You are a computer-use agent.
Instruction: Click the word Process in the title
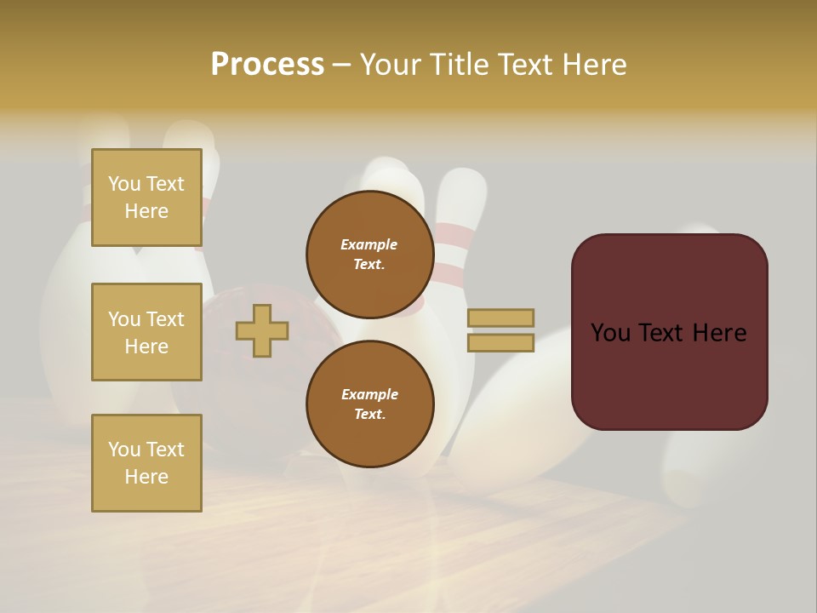(267, 65)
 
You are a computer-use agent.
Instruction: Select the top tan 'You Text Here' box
(146, 198)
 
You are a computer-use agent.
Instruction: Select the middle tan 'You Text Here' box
(146, 332)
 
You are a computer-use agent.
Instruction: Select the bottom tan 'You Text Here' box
(146, 462)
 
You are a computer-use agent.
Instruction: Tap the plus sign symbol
(262, 331)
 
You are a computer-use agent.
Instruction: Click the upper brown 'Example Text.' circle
(369, 254)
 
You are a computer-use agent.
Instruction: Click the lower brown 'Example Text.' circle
(369, 404)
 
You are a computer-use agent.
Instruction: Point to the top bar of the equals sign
(500, 318)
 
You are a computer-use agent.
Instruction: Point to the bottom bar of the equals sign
(500, 343)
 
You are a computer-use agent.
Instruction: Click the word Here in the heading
(593, 65)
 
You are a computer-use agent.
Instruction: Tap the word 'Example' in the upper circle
(369, 244)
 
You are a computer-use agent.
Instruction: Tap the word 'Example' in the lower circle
(369, 394)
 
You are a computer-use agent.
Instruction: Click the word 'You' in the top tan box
(124, 184)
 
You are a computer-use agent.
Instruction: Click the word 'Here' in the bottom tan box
(146, 477)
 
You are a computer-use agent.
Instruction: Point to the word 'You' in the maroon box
(610, 333)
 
